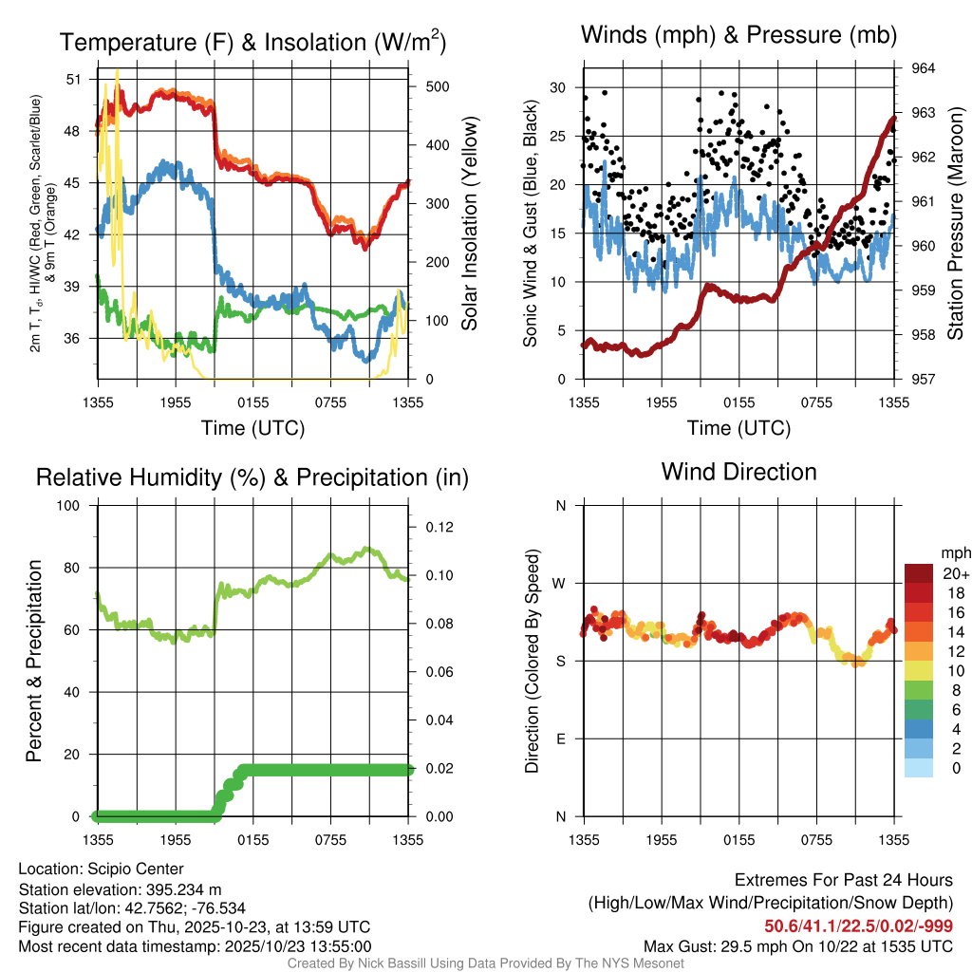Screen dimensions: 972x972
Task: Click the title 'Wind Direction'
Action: point(738,472)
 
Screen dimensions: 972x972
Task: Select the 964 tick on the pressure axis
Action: point(923,68)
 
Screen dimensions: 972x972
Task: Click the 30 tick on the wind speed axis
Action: point(559,87)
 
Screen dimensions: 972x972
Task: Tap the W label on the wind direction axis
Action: point(560,584)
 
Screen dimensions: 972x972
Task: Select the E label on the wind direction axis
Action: point(561,738)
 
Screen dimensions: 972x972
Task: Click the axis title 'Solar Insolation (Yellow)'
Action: point(469,224)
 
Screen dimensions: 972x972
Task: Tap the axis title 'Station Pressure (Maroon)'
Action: point(956,224)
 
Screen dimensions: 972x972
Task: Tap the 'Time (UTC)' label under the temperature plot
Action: point(252,428)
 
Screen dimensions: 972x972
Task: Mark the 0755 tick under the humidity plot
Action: point(330,840)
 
